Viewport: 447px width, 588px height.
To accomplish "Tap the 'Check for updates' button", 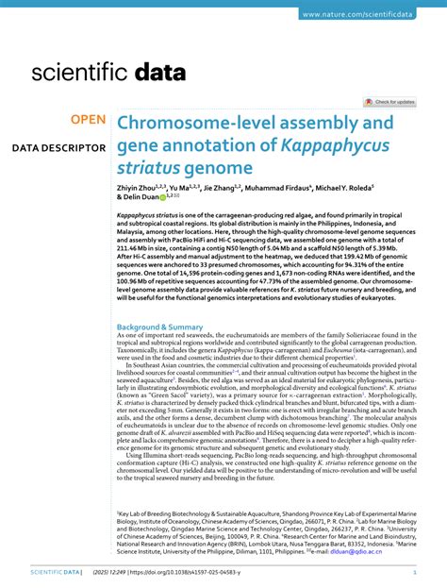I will [389, 101].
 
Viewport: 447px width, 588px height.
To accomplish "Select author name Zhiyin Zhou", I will [138, 189].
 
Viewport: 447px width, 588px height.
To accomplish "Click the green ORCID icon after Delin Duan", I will [161, 198].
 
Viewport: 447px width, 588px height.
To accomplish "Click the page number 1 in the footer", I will [416, 573].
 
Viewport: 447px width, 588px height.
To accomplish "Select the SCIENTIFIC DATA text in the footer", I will [56, 573].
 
